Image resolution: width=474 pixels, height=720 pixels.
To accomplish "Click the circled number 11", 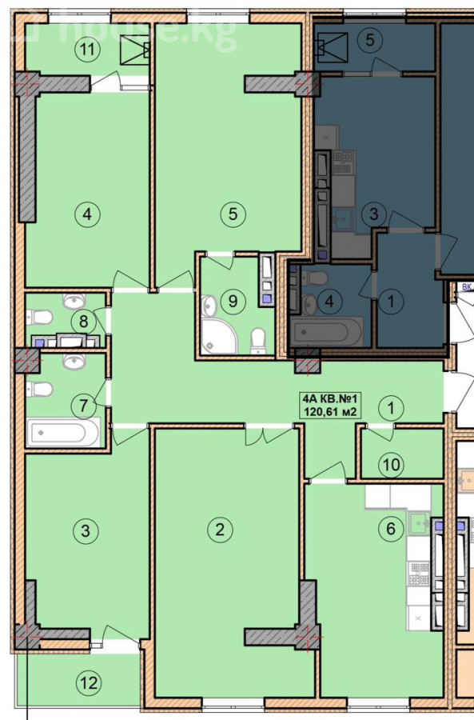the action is click(87, 49).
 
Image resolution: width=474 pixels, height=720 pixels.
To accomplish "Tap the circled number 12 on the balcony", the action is click(89, 683).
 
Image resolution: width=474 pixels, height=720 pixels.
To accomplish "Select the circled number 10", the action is click(392, 465).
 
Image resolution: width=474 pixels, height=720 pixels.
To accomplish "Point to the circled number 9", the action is click(233, 302).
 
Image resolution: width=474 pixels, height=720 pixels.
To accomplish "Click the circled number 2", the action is click(221, 530).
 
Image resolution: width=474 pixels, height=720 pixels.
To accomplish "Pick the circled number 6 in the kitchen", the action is click(391, 529).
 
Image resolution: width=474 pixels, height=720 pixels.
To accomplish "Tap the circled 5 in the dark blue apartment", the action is click(370, 40).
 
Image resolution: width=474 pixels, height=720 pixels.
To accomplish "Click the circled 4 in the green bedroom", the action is click(87, 214).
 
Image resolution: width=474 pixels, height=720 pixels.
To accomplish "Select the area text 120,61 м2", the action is click(329, 412).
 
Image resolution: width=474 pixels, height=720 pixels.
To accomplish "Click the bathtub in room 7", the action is click(63, 432).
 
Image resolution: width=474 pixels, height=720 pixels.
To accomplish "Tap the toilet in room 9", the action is click(259, 340).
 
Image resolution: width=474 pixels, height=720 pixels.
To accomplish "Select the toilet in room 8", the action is click(40, 317).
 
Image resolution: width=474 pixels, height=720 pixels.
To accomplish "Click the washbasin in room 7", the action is click(74, 361).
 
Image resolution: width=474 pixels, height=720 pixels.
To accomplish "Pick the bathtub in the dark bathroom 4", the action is click(327, 330).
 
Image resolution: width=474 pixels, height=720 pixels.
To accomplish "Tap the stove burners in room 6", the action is click(419, 574).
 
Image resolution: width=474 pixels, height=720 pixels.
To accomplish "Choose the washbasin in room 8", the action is click(74, 301).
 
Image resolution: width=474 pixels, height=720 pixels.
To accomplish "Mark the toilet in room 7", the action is click(40, 389).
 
